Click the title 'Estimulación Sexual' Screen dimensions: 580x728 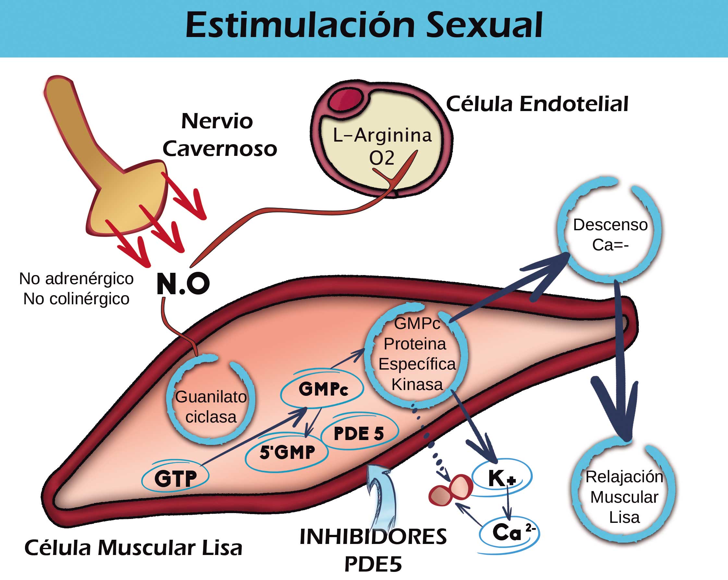[x=364, y=25]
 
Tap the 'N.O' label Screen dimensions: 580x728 [x=183, y=284]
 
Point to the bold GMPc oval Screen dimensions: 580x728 [x=322, y=389]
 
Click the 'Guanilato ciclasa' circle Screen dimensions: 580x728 [x=211, y=407]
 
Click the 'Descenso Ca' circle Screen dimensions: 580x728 [x=610, y=234]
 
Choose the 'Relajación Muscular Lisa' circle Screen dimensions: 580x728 [x=624, y=497]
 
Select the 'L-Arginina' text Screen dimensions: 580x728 [x=382, y=135]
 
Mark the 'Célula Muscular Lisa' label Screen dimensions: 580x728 [x=133, y=548]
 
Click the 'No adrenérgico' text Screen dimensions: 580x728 [x=76, y=279]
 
